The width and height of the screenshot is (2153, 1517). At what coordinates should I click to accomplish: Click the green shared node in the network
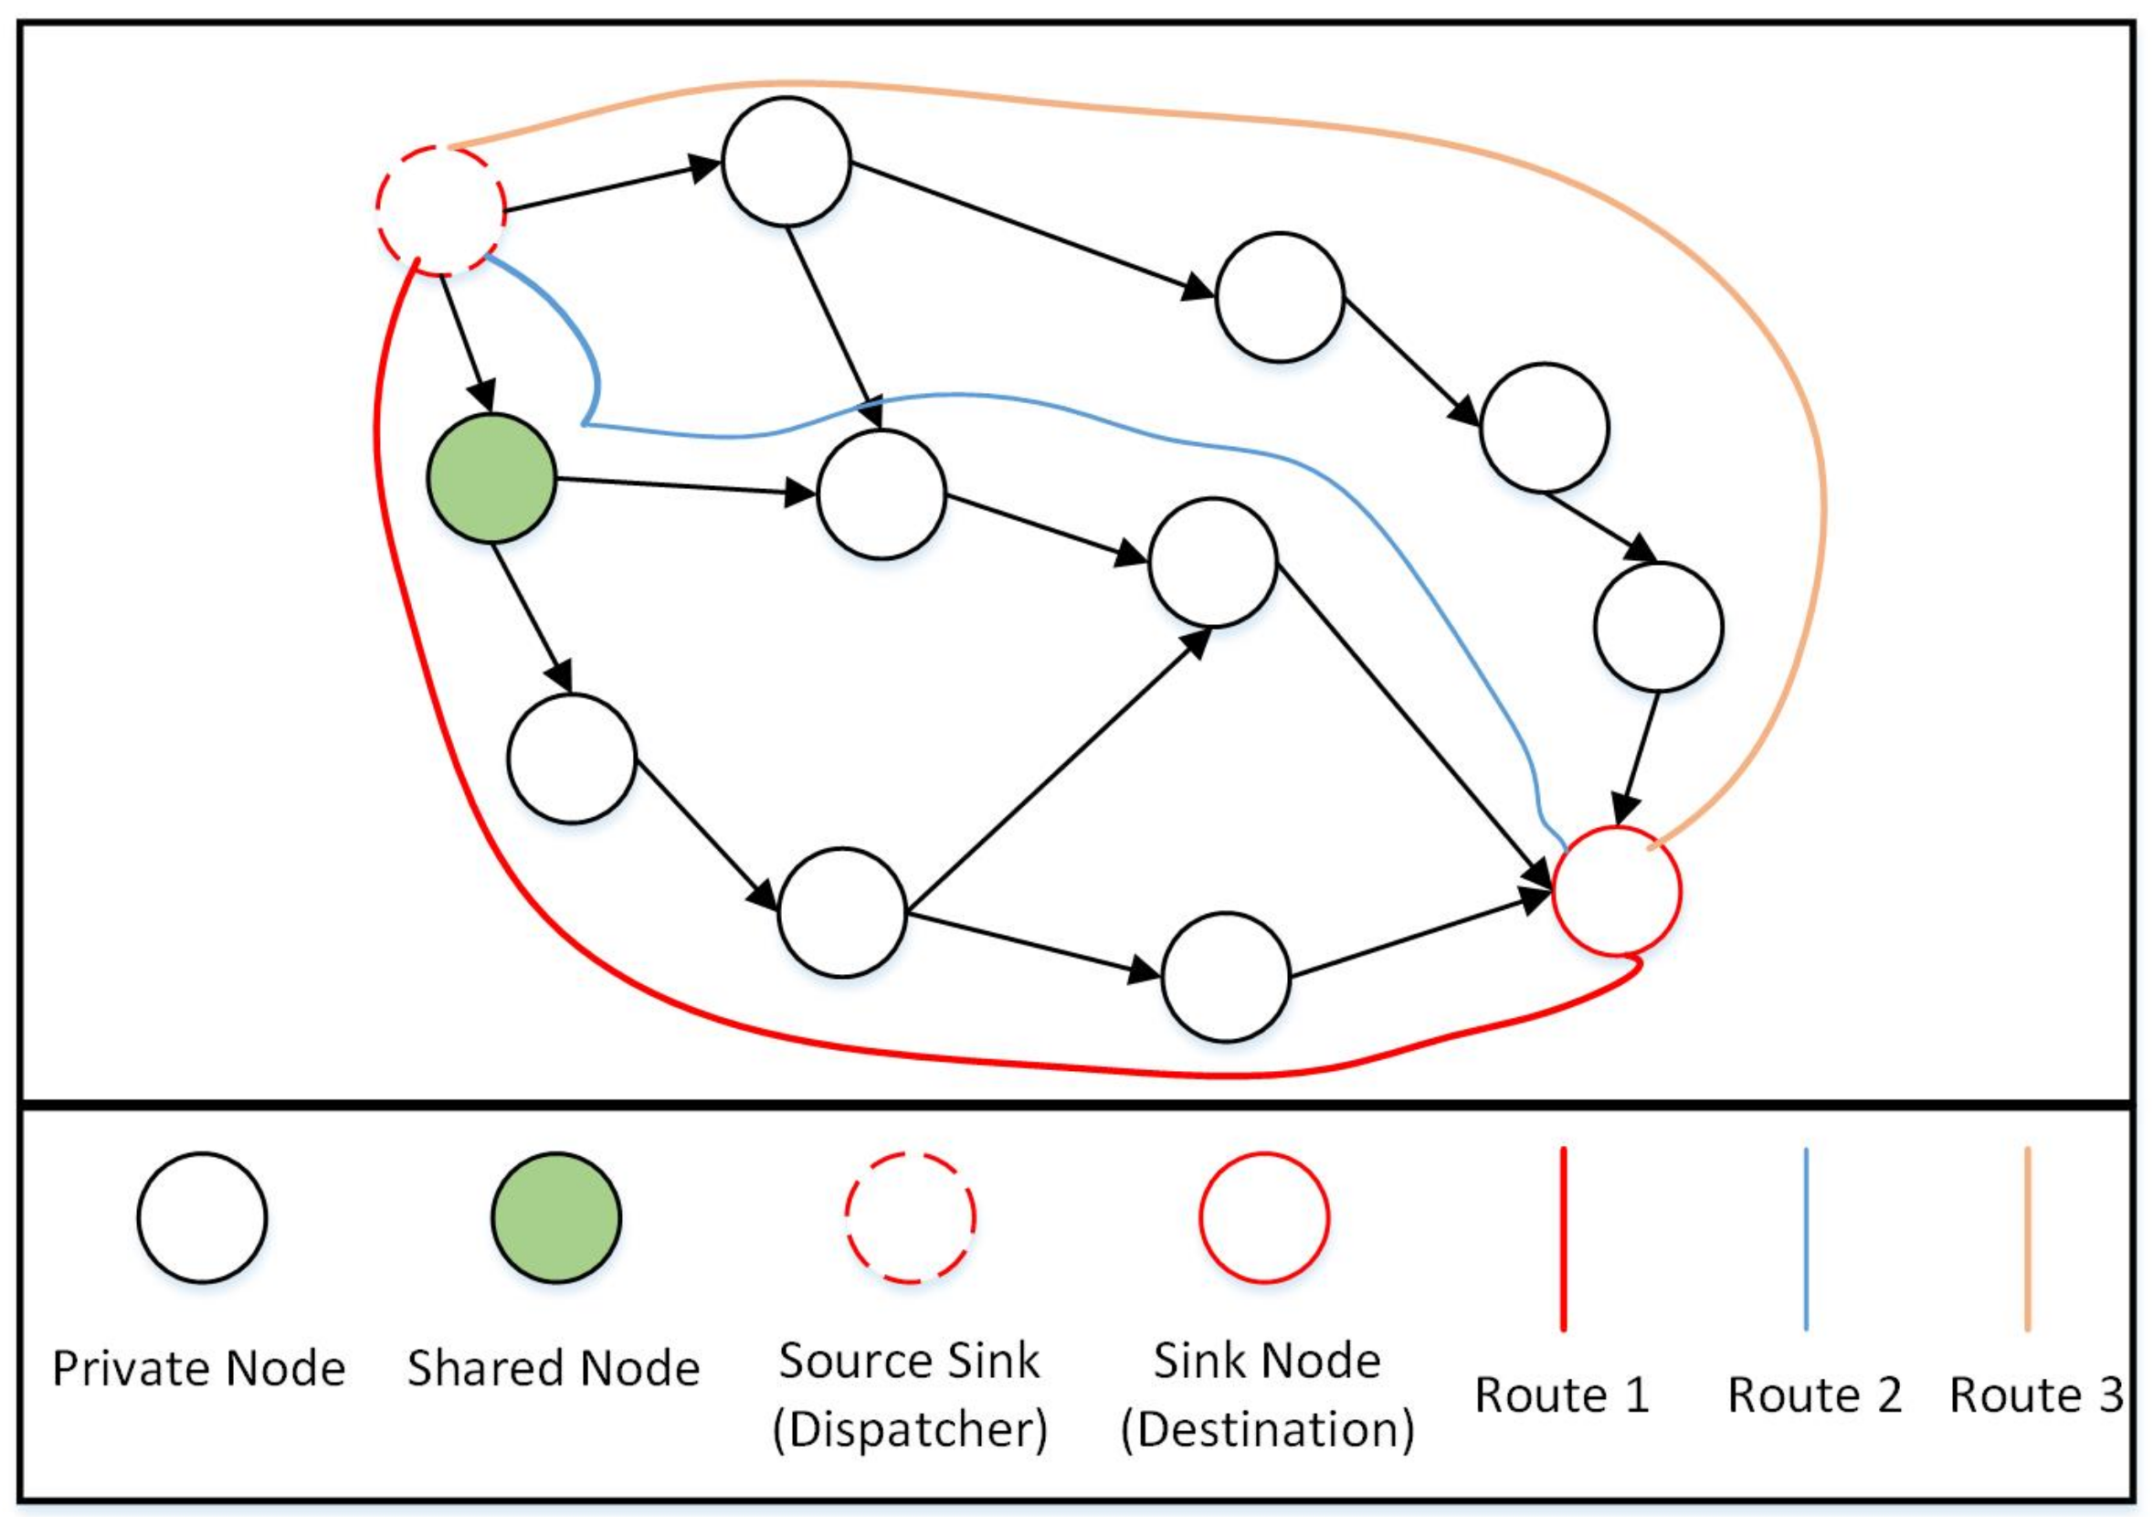491,479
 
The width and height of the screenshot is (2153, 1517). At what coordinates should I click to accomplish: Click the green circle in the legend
557,1218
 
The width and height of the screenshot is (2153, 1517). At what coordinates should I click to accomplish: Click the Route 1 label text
1562,1395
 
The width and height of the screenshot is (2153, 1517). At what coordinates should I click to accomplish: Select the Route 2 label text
1814,1395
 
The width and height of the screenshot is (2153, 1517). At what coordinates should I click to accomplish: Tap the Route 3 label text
2036,1395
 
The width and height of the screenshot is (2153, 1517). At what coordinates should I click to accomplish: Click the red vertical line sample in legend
1563,1238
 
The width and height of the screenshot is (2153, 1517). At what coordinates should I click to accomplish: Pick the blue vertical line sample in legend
1806,1238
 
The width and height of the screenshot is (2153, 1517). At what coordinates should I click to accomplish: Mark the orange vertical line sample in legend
2027,1238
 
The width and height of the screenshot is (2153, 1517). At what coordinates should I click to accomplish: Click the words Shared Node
554,1369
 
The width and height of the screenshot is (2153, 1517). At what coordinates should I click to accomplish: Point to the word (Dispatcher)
910,1430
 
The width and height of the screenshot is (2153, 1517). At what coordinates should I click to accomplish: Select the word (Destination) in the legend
1267,1430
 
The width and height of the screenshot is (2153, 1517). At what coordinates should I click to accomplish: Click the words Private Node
199,1369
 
